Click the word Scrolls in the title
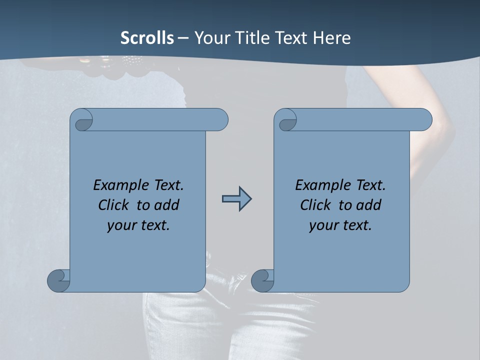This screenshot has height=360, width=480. tap(147, 38)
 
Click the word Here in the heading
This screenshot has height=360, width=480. tap(331, 38)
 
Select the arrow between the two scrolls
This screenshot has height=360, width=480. tap(236, 199)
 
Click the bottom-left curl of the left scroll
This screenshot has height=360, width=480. tap(59, 280)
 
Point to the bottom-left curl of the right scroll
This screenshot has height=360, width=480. tap(262, 280)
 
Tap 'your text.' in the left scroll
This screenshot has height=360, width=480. tap(138, 225)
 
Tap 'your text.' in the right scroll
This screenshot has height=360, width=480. tap(340, 225)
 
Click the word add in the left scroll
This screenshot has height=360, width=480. tap(166, 205)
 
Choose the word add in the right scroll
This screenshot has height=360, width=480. tap(368, 205)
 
